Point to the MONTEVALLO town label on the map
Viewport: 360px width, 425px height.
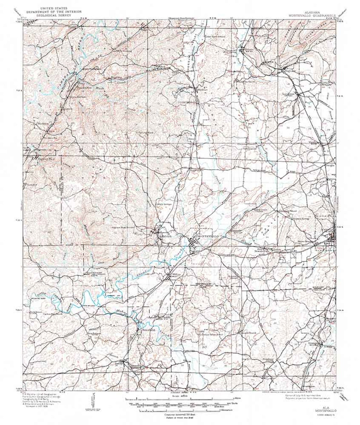point(207,236)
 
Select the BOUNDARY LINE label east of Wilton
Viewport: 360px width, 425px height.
point(205,285)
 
